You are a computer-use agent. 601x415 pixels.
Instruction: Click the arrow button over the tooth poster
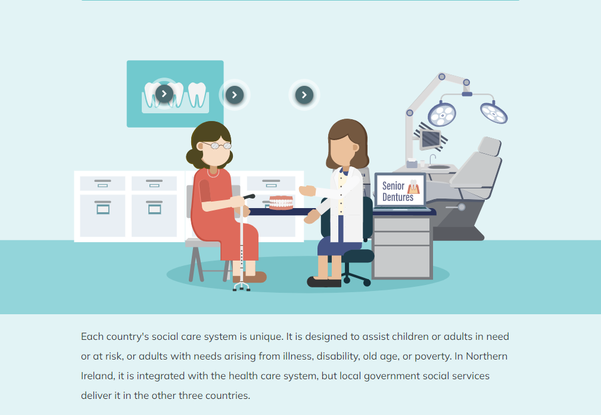point(164,94)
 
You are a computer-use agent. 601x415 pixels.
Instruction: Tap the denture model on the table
point(281,203)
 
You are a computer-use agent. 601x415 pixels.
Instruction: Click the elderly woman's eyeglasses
point(217,145)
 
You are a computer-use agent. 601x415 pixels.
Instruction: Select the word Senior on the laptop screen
point(393,186)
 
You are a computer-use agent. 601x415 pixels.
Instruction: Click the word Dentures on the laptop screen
point(398,197)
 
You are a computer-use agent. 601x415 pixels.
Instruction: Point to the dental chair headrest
point(490,146)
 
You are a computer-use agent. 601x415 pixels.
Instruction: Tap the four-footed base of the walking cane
point(241,287)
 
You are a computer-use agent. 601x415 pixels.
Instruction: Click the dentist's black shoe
point(324,282)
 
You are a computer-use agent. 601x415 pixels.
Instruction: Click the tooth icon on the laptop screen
point(413,187)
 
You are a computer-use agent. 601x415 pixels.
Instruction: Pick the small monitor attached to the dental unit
point(431,139)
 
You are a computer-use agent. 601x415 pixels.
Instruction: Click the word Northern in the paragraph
point(487,357)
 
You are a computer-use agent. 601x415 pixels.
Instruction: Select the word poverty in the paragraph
point(433,357)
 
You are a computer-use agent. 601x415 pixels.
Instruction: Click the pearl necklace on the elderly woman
point(213,174)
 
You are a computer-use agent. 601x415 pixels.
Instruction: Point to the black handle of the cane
point(249,197)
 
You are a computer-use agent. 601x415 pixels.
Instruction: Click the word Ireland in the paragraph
point(98,376)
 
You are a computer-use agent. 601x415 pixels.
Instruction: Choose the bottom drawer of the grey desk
point(402,261)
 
